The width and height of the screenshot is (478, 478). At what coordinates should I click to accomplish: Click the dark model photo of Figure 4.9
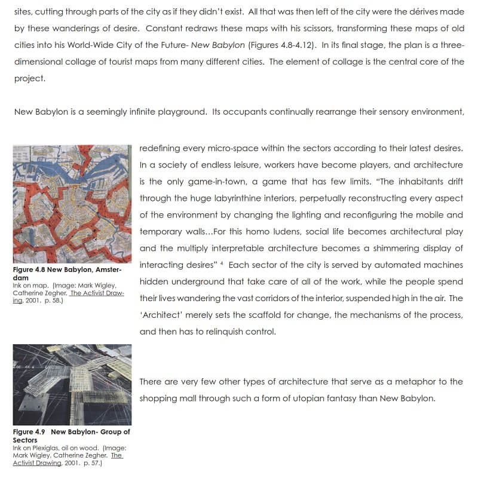pos(72,384)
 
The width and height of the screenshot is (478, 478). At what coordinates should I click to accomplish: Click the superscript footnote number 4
pos(222,263)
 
